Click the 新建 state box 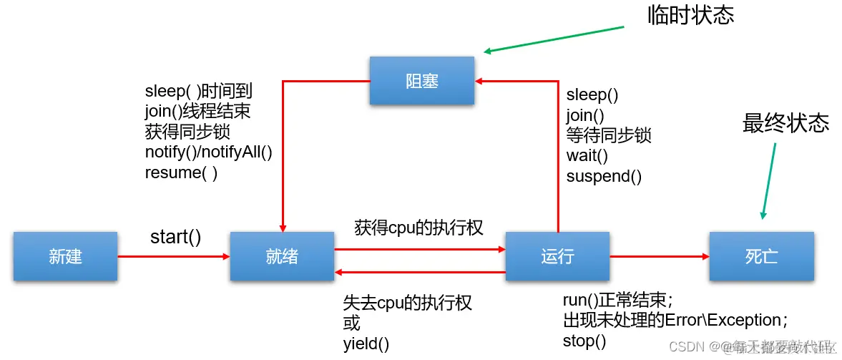66,256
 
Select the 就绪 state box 282,256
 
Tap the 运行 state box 557,256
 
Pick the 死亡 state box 761,256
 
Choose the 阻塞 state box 421,81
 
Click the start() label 175,237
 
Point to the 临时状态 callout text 690,16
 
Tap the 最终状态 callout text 785,123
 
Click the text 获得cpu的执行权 419,228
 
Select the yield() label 366,344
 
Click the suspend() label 604,176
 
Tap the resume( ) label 181,172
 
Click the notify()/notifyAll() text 209,152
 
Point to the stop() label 584,341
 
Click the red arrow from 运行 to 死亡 658,256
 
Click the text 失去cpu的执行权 408,303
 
